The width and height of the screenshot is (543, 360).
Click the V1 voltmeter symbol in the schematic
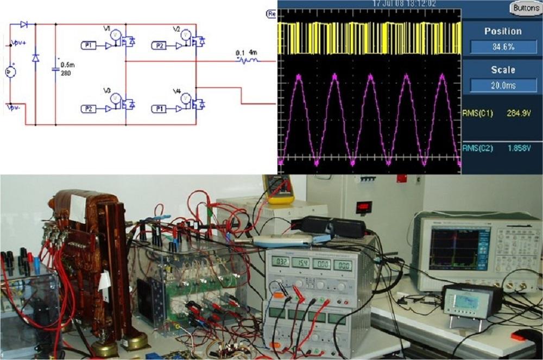(115, 35)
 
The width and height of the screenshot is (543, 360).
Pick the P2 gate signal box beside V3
(90, 109)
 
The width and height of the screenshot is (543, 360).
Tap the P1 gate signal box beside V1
(89, 46)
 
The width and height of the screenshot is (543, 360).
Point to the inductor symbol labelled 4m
(250, 60)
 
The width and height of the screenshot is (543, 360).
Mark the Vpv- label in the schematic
(14, 108)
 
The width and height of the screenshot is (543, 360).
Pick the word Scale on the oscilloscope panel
(503, 70)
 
